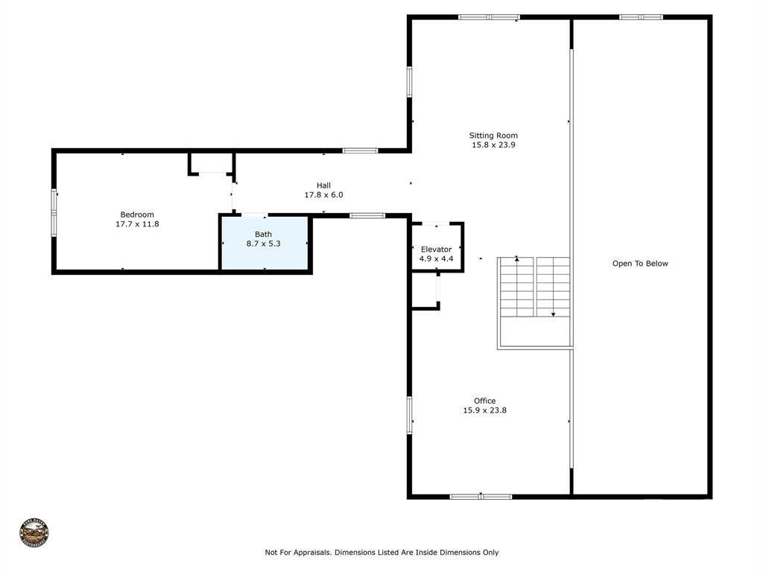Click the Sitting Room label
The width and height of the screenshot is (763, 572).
pos(493,136)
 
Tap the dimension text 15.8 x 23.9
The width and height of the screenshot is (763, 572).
pos(493,145)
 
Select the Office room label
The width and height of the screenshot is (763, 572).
pos(484,401)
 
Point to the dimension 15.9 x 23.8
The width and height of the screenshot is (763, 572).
pos(484,410)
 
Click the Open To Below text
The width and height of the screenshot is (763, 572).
pos(640,264)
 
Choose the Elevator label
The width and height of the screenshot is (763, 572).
pos(436,250)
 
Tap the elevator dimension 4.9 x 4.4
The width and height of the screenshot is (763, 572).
pos(436,259)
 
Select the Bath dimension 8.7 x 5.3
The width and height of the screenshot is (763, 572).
pos(263,244)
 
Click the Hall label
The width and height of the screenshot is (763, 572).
pos(323,185)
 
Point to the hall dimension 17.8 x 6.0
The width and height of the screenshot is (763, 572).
pos(323,195)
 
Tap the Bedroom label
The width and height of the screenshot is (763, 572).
pos(137,214)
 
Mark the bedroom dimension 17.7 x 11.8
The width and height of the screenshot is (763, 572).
pos(137,224)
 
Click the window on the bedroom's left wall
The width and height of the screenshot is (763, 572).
pos(54,213)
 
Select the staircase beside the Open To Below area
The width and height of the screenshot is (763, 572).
pos(534,287)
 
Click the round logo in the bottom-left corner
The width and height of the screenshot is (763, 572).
pos(34,533)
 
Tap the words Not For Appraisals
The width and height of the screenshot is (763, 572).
pos(297,553)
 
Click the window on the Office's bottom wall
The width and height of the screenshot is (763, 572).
pos(481,496)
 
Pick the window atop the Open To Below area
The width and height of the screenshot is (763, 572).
pos(641,17)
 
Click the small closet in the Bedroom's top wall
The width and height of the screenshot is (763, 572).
pos(212,163)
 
